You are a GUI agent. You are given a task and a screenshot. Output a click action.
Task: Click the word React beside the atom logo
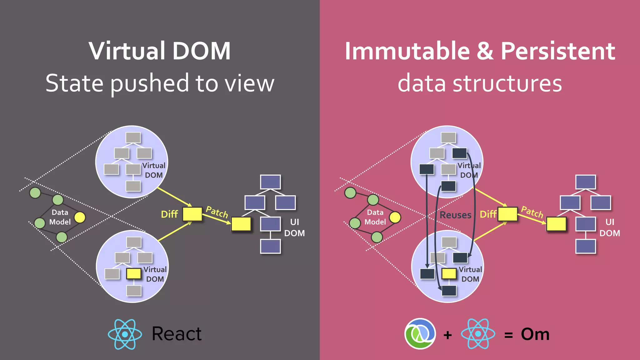[x=177, y=334]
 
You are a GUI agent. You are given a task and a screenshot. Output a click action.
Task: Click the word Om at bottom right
[x=535, y=334]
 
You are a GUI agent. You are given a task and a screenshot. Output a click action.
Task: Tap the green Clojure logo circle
[x=420, y=334]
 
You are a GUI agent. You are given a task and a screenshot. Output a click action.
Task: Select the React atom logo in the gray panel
[x=125, y=334]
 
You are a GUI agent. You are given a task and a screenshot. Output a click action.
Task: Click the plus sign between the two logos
[x=447, y=335]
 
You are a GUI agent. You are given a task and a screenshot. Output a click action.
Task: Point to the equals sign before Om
[x=508, y=335]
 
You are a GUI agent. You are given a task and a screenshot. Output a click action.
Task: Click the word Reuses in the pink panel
[x=455, y=215]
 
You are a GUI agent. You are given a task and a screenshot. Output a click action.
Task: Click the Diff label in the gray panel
[x=169, y=214]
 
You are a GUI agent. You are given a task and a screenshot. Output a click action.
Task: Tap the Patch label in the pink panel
[x=532, y=212]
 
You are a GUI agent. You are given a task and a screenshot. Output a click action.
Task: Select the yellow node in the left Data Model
[x=80, y=217]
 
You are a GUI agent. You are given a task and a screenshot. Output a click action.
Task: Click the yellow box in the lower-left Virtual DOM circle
[x=134, y=274]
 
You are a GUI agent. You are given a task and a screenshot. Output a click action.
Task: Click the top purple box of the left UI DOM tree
[x=270, y=182]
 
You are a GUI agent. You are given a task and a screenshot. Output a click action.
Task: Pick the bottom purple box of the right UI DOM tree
[x=586, y=246]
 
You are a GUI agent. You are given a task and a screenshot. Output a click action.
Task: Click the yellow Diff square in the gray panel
[x=192, y=214]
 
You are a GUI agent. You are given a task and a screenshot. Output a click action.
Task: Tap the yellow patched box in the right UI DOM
[x=556, y=224]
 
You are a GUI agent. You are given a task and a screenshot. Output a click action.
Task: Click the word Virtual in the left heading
[x=127, y=51]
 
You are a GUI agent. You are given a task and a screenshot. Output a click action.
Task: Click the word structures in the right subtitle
[x=507, y=83]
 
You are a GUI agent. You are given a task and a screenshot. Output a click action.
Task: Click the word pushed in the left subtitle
[x=149, y=83]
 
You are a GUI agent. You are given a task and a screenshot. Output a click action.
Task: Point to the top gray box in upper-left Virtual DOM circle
[x=133, y=137]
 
